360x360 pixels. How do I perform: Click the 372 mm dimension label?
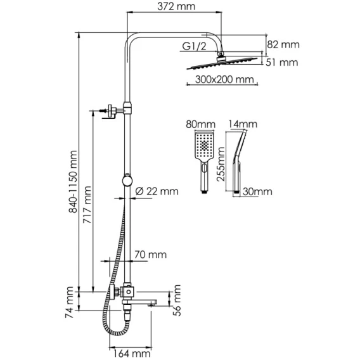[176, 6]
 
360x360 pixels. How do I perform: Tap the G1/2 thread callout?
[194, 46]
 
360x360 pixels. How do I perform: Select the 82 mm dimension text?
[283, 44]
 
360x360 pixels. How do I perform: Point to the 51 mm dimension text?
[281, 63]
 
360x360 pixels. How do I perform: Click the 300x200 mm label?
[224, 79]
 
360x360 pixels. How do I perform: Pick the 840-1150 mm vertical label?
[74, 182]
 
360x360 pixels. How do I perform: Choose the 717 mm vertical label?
[87, 205]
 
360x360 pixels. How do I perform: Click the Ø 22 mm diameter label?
[157, 191]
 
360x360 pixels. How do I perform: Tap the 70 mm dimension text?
[150, 255]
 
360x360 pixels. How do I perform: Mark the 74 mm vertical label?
[69, 302]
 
